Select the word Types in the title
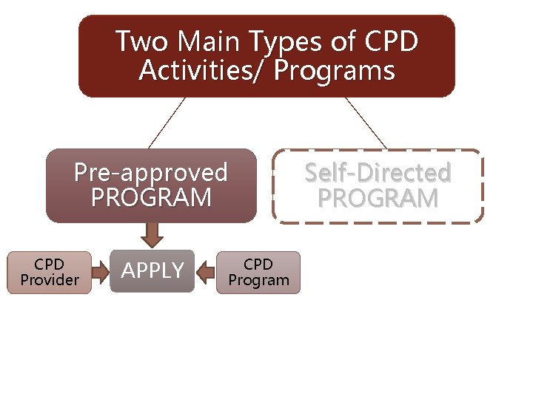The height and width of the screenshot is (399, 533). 288,43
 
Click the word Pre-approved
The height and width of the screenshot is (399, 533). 151,173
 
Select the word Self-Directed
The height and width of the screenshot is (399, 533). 378,173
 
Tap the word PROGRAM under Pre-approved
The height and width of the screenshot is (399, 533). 151,198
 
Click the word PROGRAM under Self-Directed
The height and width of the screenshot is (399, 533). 378,198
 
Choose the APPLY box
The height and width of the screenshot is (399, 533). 152,271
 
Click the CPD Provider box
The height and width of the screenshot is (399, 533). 50,272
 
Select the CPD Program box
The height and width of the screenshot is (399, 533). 258,272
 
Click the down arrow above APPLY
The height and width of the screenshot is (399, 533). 152,235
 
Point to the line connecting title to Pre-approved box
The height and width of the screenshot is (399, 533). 167,123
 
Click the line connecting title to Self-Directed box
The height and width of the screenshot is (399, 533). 366,123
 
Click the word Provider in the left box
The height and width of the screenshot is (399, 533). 50,280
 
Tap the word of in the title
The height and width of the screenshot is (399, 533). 343,41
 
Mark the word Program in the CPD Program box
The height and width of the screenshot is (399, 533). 258,280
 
